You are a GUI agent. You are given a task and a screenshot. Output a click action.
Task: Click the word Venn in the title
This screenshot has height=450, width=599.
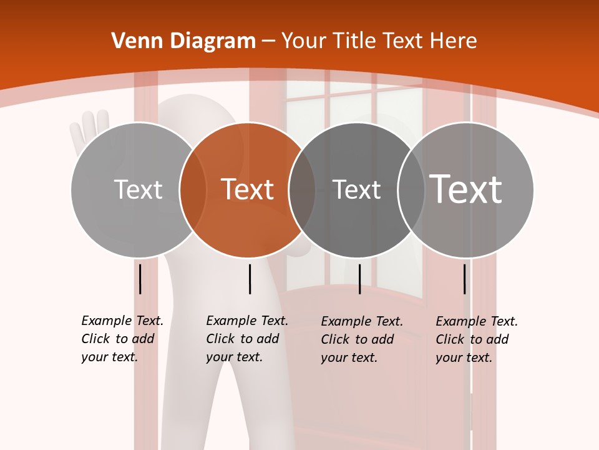[x=133, y=41]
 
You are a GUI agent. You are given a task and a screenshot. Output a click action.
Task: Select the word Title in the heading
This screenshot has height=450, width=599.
[x=355, y=41]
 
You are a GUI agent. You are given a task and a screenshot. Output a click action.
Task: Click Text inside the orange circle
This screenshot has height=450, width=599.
[x=248, y=189]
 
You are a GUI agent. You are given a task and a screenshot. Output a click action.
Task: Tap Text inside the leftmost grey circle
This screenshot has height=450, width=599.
[x=139, y=189]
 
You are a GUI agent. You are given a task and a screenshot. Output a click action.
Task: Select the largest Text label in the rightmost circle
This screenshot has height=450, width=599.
[x=466, y=189]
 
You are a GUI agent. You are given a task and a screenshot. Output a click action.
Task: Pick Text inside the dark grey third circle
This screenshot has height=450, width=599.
[x=356, y=189]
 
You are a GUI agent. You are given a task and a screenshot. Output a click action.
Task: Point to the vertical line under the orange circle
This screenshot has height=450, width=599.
[x=250, y=279]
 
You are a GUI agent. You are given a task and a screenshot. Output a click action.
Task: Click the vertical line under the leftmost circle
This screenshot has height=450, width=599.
[x=140, y=279]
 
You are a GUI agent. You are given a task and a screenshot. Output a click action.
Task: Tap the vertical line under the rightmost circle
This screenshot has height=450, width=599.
[x=465, y=279]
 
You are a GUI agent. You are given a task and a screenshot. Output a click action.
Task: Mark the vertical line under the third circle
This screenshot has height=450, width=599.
[x=359, y=279]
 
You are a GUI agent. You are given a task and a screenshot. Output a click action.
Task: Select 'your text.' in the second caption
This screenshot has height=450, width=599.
[x=235, y=357]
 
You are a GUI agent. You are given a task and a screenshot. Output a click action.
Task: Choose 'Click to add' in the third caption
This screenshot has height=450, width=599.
[x=358, y=339]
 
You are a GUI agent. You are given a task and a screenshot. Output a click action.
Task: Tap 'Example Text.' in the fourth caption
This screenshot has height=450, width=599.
[x=477, y=321]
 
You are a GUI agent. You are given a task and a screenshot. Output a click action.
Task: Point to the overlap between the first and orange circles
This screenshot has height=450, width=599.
[x=193, y=189]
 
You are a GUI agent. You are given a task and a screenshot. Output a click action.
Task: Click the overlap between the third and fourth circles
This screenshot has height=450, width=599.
[x=411, y=189]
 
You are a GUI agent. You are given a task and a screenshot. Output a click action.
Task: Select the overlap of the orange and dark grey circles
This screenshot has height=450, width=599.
[x=302, y=189]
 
